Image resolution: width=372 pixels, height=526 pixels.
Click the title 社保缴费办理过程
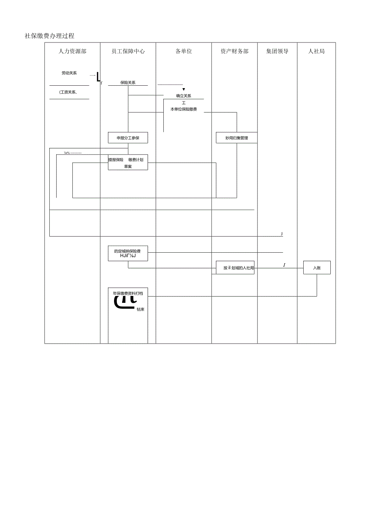pyautogui.click(x=49, y=36)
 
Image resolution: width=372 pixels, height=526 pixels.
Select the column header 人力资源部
pyautogui.click(x=72, y=51)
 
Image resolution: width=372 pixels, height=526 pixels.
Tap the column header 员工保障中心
pyautogui.click(x=128, y=51)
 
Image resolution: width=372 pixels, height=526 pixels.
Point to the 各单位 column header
pyautogui.click(x=184, y=51)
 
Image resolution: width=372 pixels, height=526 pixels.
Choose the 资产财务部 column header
pyautogui.click(x=235, y=51)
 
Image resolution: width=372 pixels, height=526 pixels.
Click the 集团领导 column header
pyautogui.click(x=277, y=51)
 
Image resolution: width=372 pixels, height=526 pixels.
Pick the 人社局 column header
pyautogui.click(x=316, y=51)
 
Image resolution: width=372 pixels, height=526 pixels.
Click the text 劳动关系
pyautogui.click(x=69, y=73)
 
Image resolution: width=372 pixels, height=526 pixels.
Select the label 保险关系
pyautogui.click(x=128, y=82)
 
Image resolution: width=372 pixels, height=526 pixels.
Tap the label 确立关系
pyautogui.click(x=184, y=96)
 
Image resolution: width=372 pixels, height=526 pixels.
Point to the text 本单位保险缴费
pyautogui.click(x=184, y=109)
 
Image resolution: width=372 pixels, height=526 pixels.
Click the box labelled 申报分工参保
pyautogui.click(x=128, y=138)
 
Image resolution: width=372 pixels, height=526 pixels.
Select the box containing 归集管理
pyautogui.click(x=237, y=138)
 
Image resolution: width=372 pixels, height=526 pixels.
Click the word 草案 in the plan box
pyautogui.click(x=128, y=166)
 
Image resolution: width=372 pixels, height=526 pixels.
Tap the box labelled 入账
pyautogui.click(x=317, y=268)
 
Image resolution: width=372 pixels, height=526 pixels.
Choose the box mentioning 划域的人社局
pyautogui.click(x=235, y=268)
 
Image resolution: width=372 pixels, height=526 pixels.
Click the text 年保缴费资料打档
pyautogui.click(x=128, y=294)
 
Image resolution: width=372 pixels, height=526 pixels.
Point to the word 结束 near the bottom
pyautogui.click(x=140, y=309)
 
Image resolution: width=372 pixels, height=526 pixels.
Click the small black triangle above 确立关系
pyautogui.click(x=184, y=89)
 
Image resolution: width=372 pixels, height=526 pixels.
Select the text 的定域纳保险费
pyautogui.click(x=128, y=251)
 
